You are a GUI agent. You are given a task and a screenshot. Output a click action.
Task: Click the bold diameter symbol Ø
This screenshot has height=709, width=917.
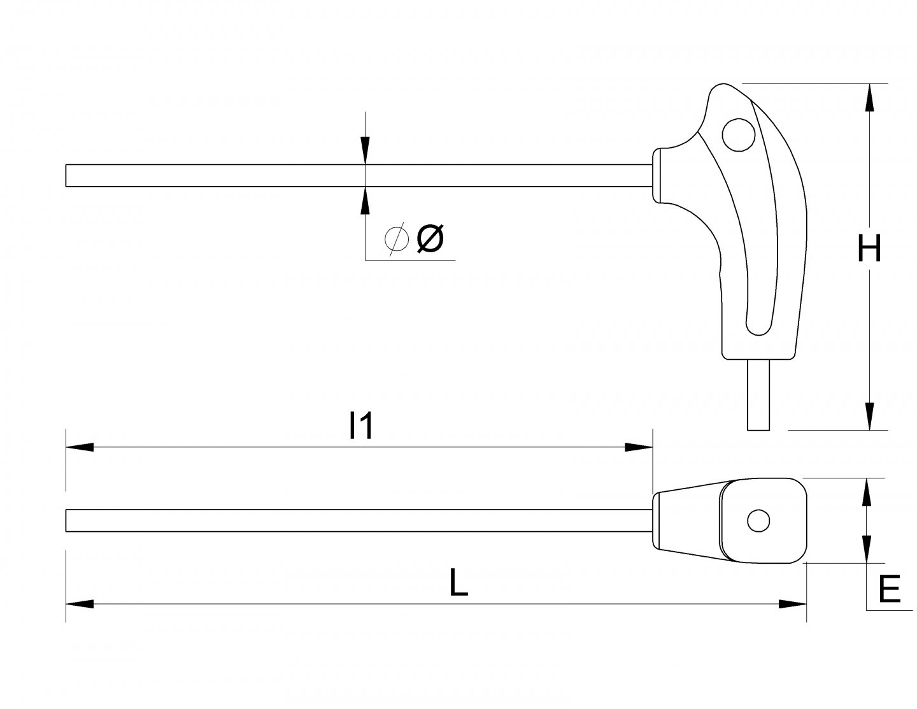(x=430, y=239)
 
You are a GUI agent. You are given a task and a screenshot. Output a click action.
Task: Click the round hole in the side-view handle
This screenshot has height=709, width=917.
(x=738, y=135)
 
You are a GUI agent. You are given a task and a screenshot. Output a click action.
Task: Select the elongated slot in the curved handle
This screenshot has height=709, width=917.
(x=762, y=255)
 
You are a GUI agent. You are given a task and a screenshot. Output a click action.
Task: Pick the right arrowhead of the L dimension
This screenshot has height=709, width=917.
(x=793, y=604)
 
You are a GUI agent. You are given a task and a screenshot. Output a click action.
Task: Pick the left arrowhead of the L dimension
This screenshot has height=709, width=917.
(x=80, y=604)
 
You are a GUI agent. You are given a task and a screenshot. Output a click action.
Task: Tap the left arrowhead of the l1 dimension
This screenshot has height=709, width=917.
(x=80, y=447)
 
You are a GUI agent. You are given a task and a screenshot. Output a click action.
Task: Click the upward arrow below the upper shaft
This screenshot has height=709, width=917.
(x=365, y=200)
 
